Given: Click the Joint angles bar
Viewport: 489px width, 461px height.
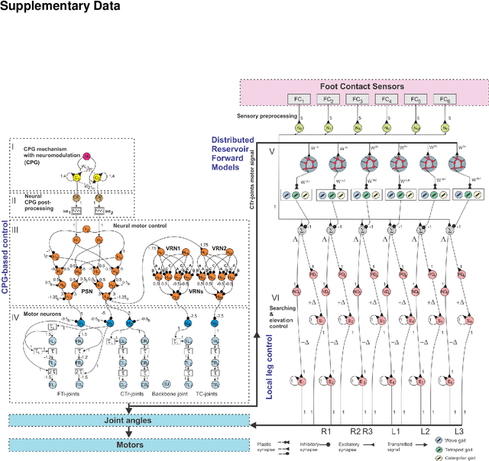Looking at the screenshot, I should click(129, 419).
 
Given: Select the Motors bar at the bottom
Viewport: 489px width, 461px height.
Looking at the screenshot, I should click(129, 443).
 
